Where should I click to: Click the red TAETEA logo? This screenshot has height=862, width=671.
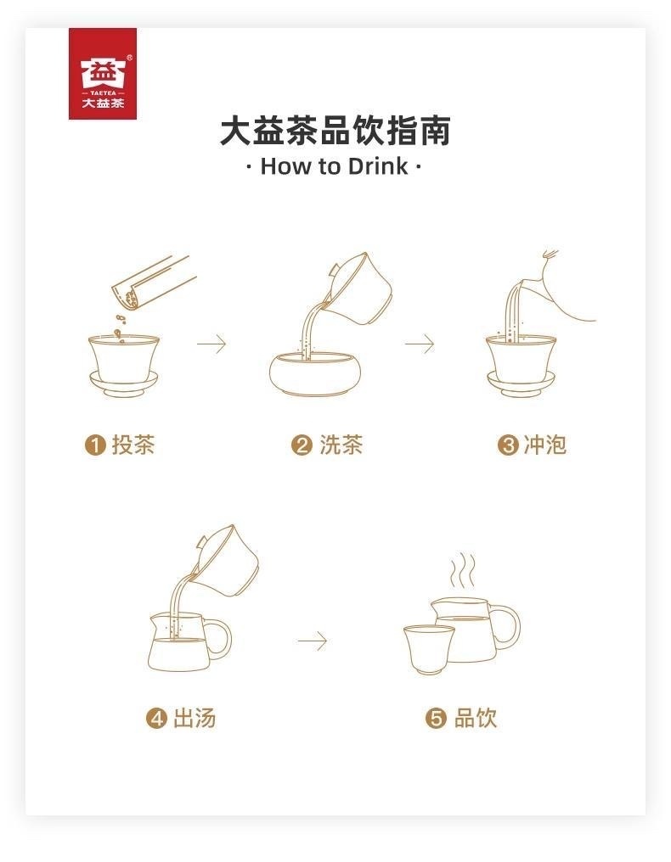[103, 74]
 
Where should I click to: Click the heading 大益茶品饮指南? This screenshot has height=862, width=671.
[335, 131]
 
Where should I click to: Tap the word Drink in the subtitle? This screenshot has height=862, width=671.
[378, 166]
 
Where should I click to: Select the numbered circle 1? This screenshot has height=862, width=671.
[94, 445]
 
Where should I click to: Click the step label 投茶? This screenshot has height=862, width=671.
[133, 445]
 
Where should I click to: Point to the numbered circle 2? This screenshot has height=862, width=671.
[302, 445]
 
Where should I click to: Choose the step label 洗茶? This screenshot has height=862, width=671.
[341, 445]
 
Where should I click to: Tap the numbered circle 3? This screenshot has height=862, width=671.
[508, 445]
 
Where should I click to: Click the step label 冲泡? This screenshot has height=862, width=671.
[545, 445]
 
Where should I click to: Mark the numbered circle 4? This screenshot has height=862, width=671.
[156, 719]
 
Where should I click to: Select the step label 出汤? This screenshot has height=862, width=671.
[195, 718]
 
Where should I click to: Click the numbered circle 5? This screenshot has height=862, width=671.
[436, 719]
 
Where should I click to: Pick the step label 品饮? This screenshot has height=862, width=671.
[476, 718]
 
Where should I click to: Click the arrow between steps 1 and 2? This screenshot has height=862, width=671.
[212, 344]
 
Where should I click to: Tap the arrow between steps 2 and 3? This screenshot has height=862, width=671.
[420, 344]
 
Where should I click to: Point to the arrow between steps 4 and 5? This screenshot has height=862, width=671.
[313, 641]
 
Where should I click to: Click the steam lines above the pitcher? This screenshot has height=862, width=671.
[462, 571]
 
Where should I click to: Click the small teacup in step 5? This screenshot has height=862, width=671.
[428, 650]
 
